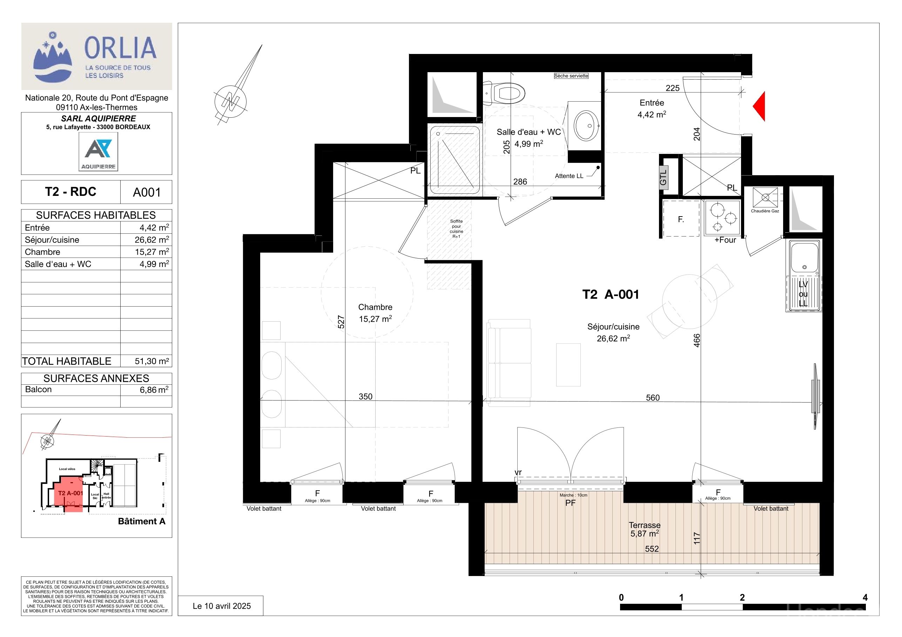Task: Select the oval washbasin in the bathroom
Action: tap(586, 125)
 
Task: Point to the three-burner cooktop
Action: tap(722, 218)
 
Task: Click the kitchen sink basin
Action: tap(805, 258)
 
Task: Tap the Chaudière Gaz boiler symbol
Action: tap(765, 197)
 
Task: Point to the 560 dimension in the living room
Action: tap(653, 398)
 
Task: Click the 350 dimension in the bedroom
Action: tap(365, 396)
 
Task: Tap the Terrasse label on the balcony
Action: tap(645, 525)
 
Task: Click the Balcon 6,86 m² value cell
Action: tap(154, 390)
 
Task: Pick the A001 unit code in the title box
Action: tap(147, 192)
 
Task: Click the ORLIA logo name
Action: tap(121, 48)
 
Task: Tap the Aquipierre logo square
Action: tap(98, 151)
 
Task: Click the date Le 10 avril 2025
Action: tap(222, 606)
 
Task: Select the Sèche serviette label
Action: tap(571, 76)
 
